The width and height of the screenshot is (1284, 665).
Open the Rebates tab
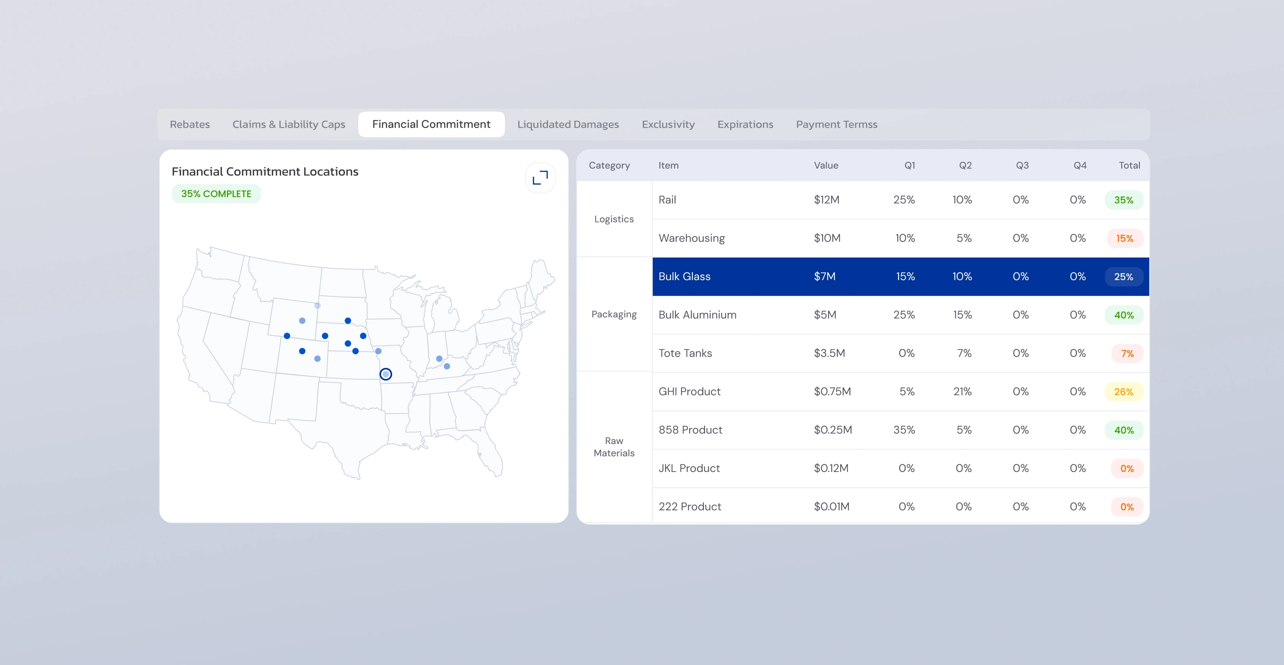click(x=190, y=124)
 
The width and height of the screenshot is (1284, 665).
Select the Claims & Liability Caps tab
click(x=289, y=124)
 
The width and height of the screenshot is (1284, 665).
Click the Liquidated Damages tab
click(x=568, y=124)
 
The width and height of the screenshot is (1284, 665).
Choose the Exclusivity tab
click(x=668, y=124)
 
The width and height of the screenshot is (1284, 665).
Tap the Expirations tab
click(x=745, y=124)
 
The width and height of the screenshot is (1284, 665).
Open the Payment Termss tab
click(x=837, y=124)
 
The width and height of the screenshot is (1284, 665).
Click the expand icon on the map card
click(x=540, y=177)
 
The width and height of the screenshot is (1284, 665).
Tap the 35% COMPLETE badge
click(x=216, y=193)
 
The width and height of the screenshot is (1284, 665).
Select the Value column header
click(x=826, y=165)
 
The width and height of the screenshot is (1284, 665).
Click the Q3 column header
click(x=1022, y=165)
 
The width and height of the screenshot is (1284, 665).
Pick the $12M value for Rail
click(x=827, y=199)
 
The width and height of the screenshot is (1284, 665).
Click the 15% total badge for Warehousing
click(x=1125, y=238)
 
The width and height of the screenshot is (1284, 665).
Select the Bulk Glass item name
click(x=684, y=276)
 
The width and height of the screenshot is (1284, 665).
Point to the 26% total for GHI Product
click(x=1124, y=392)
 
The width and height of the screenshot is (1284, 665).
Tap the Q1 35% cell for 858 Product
click(x=904, y=430)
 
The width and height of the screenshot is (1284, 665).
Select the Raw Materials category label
click(x=614, y=447)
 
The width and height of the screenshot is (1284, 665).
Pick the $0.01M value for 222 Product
click(x=832, y=506)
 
